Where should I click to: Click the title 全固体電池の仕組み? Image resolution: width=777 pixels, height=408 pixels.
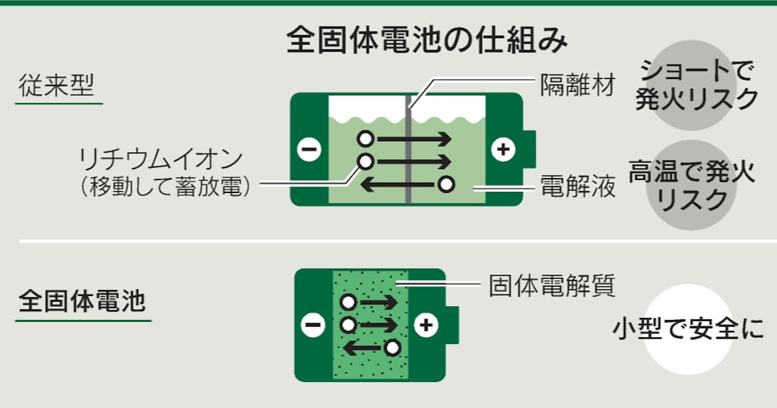[427, 40]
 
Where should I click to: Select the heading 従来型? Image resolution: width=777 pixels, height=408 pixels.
[57, 86]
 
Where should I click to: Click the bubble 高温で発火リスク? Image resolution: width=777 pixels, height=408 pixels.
[692, 186]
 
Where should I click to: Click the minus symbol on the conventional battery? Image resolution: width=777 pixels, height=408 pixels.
[309, 150]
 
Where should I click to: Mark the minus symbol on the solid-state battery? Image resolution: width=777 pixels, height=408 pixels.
[313, 326]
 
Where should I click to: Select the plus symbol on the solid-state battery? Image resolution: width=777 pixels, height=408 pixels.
[425, 326]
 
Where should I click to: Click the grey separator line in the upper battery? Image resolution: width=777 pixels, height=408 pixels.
[409, 155]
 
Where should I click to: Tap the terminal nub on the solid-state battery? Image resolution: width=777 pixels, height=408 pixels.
[452, 324]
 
